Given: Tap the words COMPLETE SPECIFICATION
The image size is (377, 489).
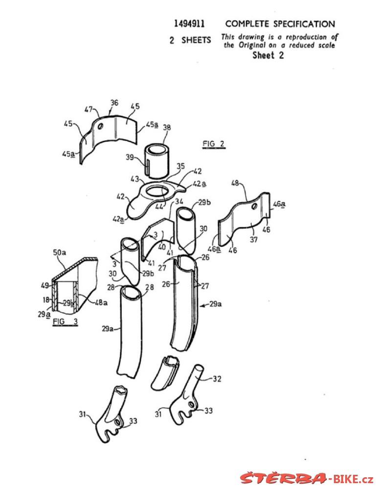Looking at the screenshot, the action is (x=280, y=23).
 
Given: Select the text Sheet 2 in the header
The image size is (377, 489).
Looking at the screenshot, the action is (x=268, y=55).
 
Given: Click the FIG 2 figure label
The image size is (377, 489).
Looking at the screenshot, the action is (x=214, y=144).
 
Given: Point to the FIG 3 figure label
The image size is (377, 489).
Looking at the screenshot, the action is (x=65, y=322).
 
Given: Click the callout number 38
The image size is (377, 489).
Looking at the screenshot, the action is (x=167, y=127).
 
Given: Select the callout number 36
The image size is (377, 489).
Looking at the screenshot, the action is (x=114, y=103).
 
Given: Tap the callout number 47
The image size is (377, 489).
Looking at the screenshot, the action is (x=89, y=109).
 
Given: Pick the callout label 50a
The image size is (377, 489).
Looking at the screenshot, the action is (x=59, y=252).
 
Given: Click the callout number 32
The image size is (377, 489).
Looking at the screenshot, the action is (x=217, y=378).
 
